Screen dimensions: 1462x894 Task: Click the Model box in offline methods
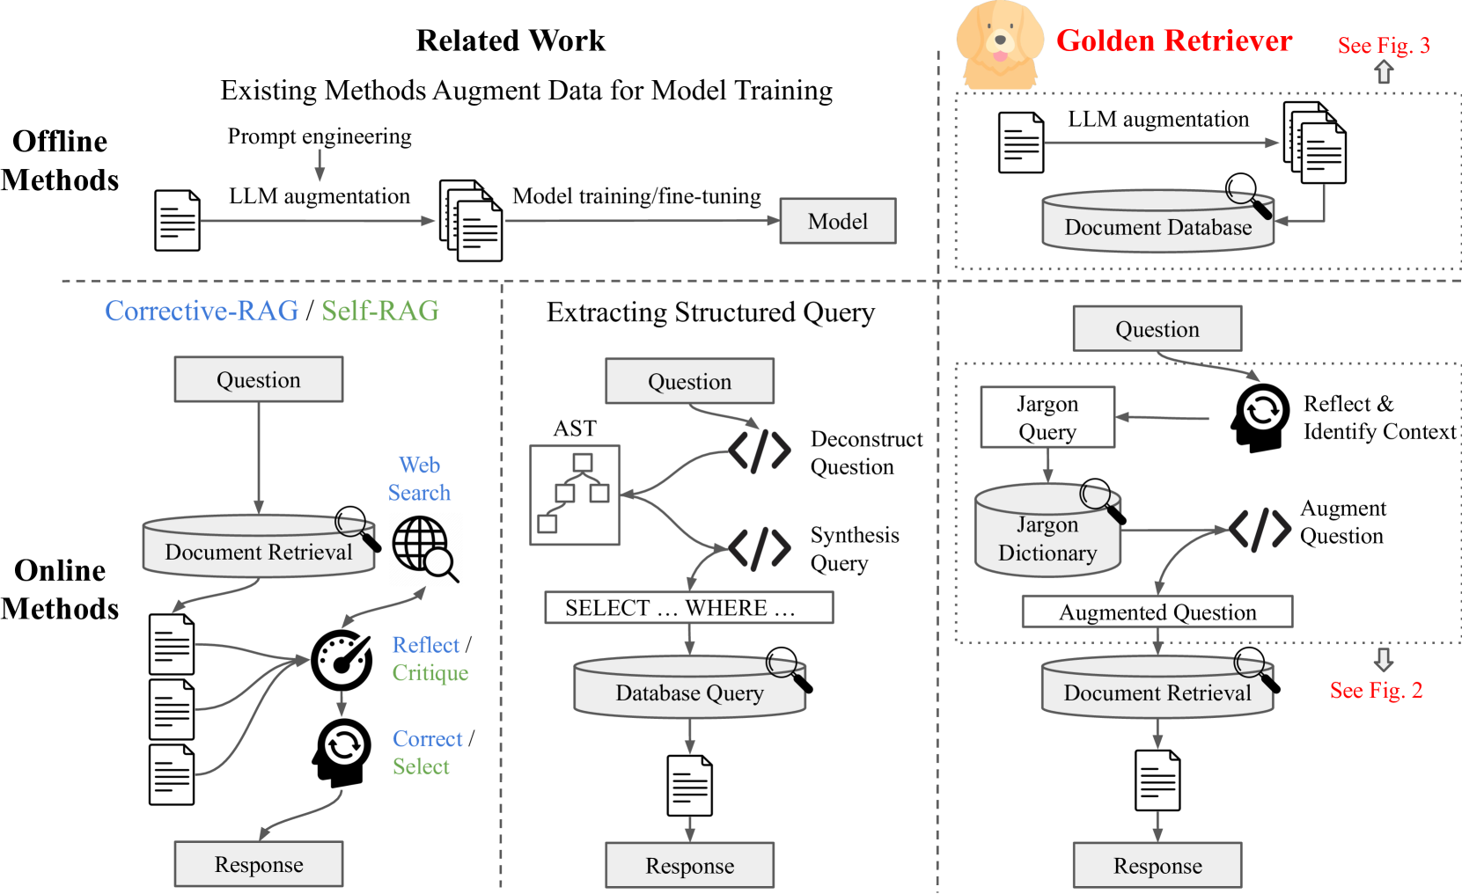coord(838,221)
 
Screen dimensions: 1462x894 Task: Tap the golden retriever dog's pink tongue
coord(1000,55)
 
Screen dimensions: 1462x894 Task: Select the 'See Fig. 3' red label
coord(1384,45)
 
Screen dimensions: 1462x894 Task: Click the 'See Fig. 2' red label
coord(1376,690)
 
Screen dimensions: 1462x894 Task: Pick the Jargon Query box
coord(1047,417)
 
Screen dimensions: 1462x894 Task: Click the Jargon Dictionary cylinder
coord(1048,530)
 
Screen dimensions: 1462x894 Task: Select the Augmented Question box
coord(1157,612)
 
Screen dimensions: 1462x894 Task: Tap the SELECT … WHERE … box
coord(689,607)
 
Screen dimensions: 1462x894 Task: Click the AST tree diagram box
coord(575,495)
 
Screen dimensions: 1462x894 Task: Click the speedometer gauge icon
coord(342,661)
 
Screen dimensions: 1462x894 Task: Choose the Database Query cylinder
coord(690,685)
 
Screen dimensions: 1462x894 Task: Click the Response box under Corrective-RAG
coord(259,864)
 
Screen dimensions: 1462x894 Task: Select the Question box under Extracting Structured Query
coord(690,381)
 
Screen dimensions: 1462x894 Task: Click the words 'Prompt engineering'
coord(320,136)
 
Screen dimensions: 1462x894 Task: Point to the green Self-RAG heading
coord(380,311)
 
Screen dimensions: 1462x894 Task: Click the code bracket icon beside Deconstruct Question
coord(759,451)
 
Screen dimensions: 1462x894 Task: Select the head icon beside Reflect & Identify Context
coord(1259,418)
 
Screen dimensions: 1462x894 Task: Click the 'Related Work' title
coord(511,40)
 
